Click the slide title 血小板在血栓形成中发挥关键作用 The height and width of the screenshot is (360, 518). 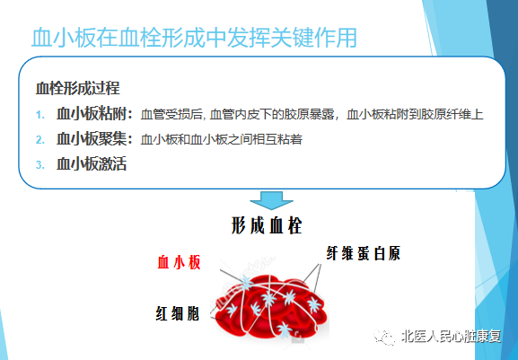194,38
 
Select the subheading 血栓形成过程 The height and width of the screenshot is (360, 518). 77,88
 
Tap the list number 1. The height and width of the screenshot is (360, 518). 40,115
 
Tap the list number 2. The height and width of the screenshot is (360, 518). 40,140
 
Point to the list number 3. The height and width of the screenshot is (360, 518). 40,165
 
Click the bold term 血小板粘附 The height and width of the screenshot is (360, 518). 92,114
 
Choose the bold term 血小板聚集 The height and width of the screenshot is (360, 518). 92,139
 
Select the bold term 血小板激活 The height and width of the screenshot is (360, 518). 92,163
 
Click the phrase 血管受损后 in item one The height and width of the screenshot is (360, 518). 171,115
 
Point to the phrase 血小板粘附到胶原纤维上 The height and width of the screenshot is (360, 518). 415,115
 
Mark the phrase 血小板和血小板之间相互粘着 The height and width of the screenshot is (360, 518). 222,139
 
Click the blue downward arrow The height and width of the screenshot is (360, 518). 271,200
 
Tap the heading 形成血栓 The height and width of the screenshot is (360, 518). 267,226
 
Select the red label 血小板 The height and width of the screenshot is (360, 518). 179,263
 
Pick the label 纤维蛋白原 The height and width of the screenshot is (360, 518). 363,254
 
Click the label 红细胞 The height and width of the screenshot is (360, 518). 178,313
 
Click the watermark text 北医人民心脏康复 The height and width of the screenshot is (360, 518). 451,337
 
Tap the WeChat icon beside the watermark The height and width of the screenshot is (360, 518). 385,337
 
